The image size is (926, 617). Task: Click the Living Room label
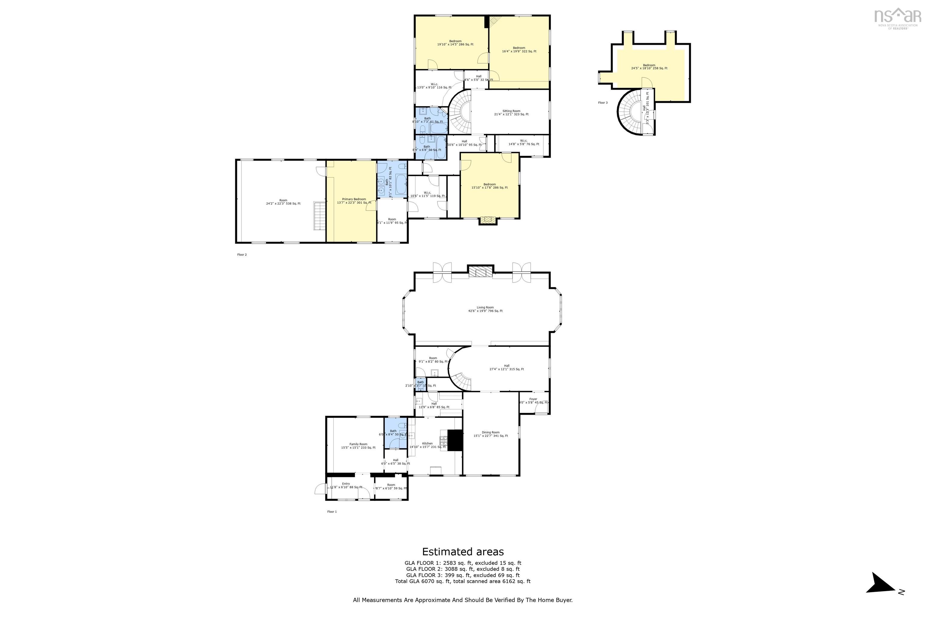point(485,309)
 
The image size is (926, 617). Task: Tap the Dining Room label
point(490,434)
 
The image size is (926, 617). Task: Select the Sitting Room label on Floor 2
point(511,113)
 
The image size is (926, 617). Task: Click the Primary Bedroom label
point(354,201)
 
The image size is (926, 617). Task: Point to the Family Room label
point(358,446)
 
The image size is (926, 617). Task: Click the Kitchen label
point(427,445)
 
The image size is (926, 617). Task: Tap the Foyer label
point(533,401)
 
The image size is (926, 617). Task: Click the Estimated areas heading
point(463,552)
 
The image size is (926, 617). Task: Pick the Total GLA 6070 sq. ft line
point(463,581)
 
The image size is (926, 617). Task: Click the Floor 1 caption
point(332,512)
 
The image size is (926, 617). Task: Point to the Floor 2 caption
point(242,255)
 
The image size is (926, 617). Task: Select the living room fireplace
point(480,272)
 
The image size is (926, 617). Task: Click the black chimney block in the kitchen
point(455,440)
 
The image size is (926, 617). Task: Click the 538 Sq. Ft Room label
point(283,202)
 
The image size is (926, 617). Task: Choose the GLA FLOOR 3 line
point(463,575)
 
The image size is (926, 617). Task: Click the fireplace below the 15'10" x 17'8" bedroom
point(488,221)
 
